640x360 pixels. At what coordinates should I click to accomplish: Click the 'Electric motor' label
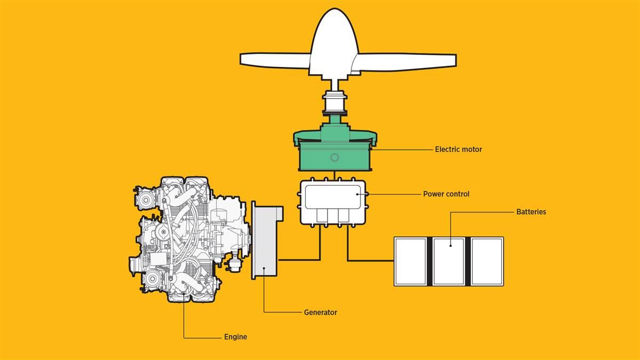(x=458, y=149)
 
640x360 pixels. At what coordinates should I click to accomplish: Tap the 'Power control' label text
(x=446, y=194)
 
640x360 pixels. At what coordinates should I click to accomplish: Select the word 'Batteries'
(x=531, y=212)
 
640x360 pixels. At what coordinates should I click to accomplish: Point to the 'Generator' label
(x=320, y=313)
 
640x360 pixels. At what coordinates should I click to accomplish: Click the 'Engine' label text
(x=235, y=337)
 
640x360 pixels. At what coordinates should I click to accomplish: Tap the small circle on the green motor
(x=334, y=157)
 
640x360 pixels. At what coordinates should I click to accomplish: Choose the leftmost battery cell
(x=410, y=261)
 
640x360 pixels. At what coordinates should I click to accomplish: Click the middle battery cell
(x=449, y=261)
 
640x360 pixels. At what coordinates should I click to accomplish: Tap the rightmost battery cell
(x=487, y=261)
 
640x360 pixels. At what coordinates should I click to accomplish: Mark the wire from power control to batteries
(x=368, y=260)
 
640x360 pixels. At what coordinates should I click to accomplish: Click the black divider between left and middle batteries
(x=429, y=261)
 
